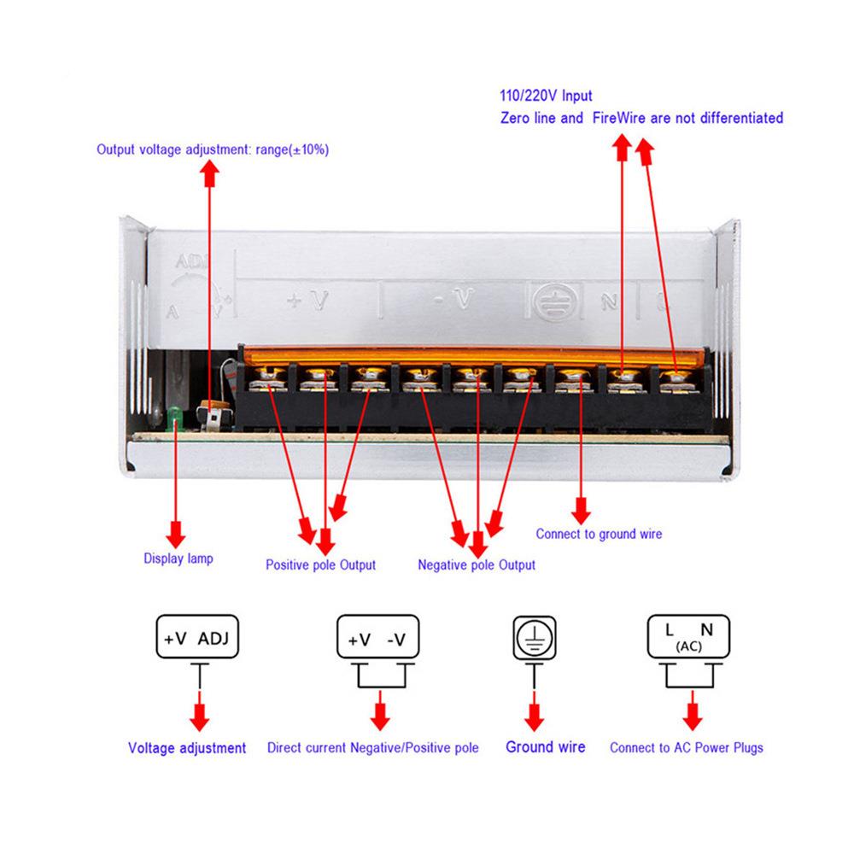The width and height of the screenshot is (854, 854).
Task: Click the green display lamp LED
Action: click(175, 416)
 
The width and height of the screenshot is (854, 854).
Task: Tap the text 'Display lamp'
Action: click(178, 559)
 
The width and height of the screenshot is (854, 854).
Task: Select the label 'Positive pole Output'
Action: click(320, 564)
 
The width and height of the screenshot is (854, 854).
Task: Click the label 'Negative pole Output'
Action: click(477, 564)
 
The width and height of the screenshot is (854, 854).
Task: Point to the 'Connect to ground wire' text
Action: click(599, 535)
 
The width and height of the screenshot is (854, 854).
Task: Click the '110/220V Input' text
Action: click(546, 97)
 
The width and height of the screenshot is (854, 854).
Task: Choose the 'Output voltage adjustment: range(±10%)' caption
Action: click(213, 149)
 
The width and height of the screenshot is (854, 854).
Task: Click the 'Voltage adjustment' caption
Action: click(187, 748)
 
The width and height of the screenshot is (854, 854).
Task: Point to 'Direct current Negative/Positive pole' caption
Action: click(372, 748)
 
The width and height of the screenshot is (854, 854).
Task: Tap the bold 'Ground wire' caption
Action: click(546, 747)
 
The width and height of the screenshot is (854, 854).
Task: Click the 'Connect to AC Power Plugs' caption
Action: click(687, 748)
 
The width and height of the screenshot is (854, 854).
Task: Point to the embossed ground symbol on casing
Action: click(546, 299)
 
